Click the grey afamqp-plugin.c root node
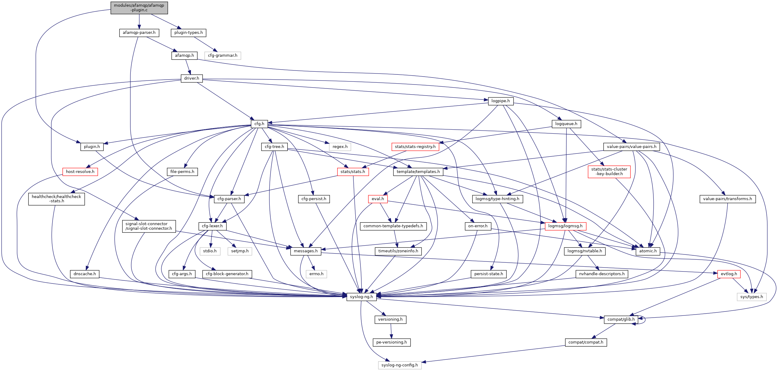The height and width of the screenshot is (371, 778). pos(139,8)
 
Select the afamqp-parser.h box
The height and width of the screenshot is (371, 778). pos(139,33)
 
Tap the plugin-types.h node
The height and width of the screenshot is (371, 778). pos(188,33)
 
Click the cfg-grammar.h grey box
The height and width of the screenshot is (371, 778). pos(222,56)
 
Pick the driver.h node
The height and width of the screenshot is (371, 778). pos(192,78)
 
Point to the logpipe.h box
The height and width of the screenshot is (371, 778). pos(500,101)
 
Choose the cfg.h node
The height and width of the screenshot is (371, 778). pos(259,124)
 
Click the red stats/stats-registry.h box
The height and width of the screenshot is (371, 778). pos(415,147)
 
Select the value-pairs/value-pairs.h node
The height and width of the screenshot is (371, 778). pos(631,147)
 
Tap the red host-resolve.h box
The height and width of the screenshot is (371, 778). pos(80,172)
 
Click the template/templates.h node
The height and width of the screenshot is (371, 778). pos(418,172)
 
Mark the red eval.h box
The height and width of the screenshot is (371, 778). pos(378,199)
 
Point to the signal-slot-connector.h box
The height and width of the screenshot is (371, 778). pos(149,226)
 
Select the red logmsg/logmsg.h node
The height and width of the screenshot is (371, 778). pos(565,226)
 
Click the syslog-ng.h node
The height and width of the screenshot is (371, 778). pos(361,297)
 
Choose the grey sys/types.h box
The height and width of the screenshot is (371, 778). pos(751,297)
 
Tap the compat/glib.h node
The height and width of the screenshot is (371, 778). pos(621,319)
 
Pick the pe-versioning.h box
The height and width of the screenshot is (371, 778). pos(391,342)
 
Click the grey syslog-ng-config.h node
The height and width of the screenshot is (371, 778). pos(400,365)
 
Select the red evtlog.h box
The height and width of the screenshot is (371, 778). pos(729,274)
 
